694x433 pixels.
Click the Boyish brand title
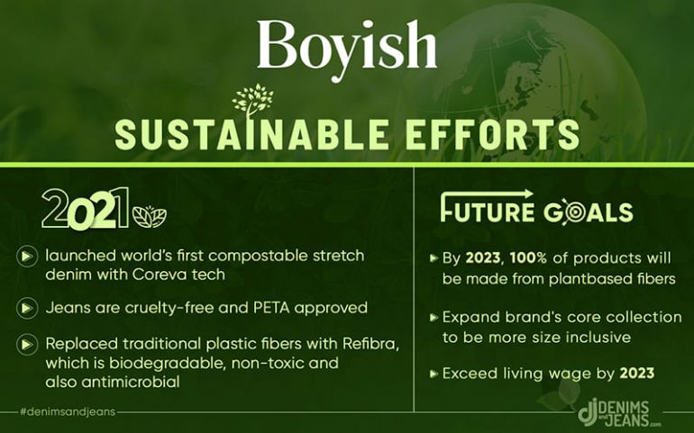[x=347, y=49]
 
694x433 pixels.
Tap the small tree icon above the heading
[x=252, y=100]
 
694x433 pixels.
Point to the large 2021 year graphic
[x=85, y=209]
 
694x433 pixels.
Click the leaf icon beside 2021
[x=150, y=217]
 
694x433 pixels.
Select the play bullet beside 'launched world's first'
[x=27, y=256]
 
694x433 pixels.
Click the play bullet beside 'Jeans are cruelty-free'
[x=27, y=308]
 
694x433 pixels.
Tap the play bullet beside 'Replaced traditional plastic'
[x=27, y=344]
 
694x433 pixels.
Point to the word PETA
[x=272, y=308]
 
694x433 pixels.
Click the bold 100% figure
[x=528, y=257]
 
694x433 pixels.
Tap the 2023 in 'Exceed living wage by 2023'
[x=637, y=374]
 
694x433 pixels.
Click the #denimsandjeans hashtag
[x=68, y=411]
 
